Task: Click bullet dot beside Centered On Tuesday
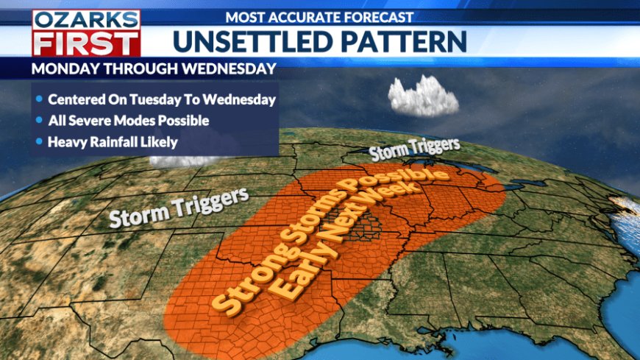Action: (39, 99)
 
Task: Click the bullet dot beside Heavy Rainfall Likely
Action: (39, 141)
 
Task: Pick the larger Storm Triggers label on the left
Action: (179, 208)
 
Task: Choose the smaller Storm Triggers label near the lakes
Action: (414, 149)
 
